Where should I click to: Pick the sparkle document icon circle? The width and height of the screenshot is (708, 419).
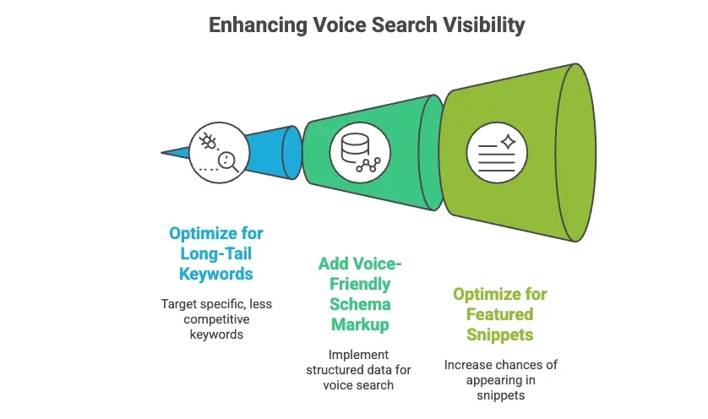coord(496,151)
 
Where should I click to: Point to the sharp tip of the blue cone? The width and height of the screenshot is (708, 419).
coord(163,153)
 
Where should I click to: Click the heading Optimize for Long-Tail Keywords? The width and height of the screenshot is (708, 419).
coord(215,253)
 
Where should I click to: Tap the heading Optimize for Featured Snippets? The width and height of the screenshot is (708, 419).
coord(499,314)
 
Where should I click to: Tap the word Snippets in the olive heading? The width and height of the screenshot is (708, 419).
coord(500,335)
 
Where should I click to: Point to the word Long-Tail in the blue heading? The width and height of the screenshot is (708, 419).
coord(215,253)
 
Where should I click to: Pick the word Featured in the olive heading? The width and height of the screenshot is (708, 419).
coord(500,314)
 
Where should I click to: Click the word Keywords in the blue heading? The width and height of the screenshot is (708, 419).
coord(216,273)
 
